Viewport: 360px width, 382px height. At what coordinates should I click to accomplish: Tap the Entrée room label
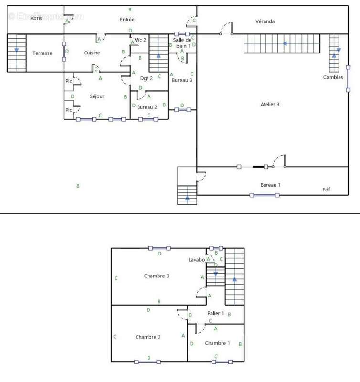pyautogui.click(x=127, y=20)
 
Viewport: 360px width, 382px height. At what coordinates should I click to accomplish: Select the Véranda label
pyautogui.click(x=265, y=21)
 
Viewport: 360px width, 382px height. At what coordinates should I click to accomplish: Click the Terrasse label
pyautogui.click(x=42, y=53)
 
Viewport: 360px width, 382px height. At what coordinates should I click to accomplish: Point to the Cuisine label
pyautogui.click(x=92, y=53)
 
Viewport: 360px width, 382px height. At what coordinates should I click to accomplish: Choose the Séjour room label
pyautogui.click(x=97, y=96)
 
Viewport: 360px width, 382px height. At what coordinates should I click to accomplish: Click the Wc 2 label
pyautogui.click(x=140, y=40)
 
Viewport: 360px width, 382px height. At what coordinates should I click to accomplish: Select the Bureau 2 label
pyautogui.click(x=147, y=107)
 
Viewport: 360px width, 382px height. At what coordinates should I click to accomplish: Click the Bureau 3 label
pyautogui.click(x=182, y=80)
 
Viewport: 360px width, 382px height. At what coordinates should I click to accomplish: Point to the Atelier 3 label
pyautogui.click(x=270, y=104)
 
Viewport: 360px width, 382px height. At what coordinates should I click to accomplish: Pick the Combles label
pyautogui.click(x=333, y=77)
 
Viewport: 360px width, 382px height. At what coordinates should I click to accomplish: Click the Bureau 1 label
pyautogui.click(x=270, y=185)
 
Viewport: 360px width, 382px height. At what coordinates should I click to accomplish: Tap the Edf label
pyautogui.click(x=326, y=190)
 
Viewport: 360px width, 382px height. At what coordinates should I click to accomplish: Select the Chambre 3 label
pyautogui.click(x=157, y=276)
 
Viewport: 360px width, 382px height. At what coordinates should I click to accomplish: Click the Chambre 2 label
pyautogui.click(x=148, y=337)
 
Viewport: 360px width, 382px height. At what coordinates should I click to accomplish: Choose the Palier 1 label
pyautogui.click(x=216, y=313)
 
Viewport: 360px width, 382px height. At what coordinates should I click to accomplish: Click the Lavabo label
pyautogui.click(x=196, y=260)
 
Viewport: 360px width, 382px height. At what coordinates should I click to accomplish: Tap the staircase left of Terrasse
pyautogui.click(x=17, y=53)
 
